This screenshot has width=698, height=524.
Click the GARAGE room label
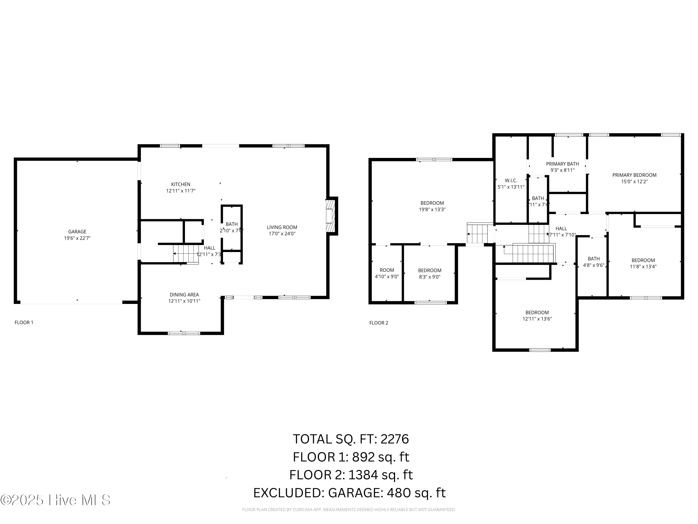tap(77, 231)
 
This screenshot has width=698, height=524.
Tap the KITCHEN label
tap(181, 184)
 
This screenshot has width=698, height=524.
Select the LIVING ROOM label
tap(282, 227)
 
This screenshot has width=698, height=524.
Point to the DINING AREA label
tap(184, 295)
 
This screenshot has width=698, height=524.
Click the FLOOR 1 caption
tap(24, 323)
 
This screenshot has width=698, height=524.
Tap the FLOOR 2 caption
tap(379, 323)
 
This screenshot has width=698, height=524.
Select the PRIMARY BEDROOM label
tap(634, 175)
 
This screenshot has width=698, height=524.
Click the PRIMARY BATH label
tap(562, 164)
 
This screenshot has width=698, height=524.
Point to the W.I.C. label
tap(511, 180)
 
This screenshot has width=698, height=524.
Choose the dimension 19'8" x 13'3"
tap(432, 209)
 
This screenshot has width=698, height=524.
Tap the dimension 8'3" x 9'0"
tap(430, 277)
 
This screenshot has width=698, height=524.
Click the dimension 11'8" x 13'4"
tap(643, 267)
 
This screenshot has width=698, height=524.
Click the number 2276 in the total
tap(395, 439)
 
